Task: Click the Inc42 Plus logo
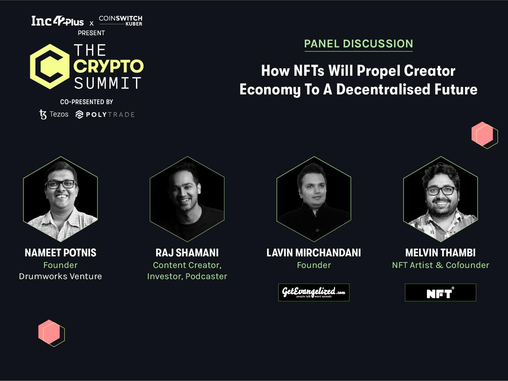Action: (x=58, y=21)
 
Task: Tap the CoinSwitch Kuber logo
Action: (x=121, y=21)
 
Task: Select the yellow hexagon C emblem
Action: (x=50, y=66)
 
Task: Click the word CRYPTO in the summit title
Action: (x=109, y=66)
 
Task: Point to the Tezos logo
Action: (x=54, y=114)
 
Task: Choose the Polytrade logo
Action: (x=105, y=115)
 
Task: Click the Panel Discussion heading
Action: (x=359, y=44)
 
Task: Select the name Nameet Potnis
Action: (x=61, y=253)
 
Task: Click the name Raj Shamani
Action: (x=187, y=253)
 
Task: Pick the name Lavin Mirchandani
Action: (x=314, y=253)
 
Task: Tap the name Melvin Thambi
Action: (x=440, y=253)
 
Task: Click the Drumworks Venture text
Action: (x=61, y=276)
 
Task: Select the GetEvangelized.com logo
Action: (x=314, y=293)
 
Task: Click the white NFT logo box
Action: (x=440, y=293)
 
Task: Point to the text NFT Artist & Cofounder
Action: (x=440, y=265)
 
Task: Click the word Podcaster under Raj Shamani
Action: (x=206, y=276)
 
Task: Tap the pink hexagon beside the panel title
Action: (x=482, y=134)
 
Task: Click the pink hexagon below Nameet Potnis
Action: (x=49, y=332)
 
